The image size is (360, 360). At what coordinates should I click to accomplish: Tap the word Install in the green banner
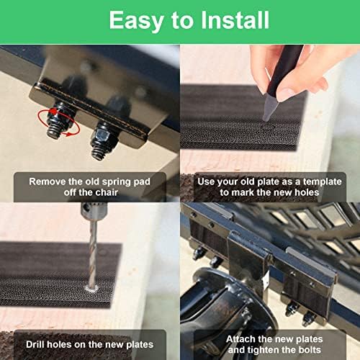(x=235, y=20)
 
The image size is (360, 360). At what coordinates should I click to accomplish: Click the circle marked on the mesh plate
(x=267, y=127)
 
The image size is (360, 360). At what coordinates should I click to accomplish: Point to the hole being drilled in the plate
(x=92, y=288)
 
